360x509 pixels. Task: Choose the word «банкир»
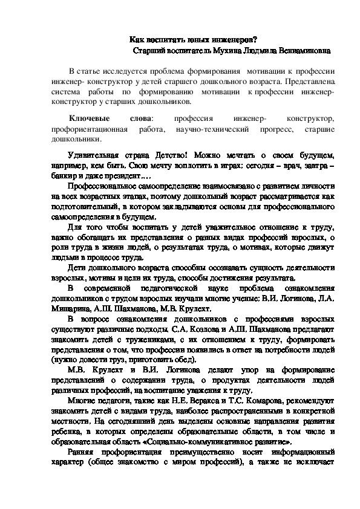click(x=64, y=177)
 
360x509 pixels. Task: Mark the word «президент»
click(x=120, y=177)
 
